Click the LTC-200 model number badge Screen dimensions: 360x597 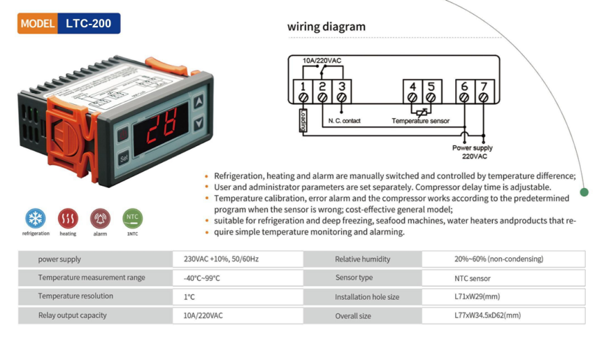pos(88,23)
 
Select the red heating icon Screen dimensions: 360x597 pos(68,217)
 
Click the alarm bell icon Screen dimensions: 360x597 pos(100,217)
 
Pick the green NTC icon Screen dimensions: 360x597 pos(132,217)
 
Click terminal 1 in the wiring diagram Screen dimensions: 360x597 pos(302,92)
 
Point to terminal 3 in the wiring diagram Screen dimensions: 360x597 pos(341,92)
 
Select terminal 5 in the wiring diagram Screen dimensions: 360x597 pos(431,92)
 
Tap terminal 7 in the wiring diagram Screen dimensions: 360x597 pos(484,92)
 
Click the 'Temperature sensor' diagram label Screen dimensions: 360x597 pos(420,121)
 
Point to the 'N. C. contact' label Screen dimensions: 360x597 pos(344,121)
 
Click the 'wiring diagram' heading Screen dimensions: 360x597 pos(326,27)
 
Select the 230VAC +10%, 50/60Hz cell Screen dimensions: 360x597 pos(221,259)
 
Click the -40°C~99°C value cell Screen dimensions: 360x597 pos(202,278)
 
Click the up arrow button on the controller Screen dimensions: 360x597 pos(199,102)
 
